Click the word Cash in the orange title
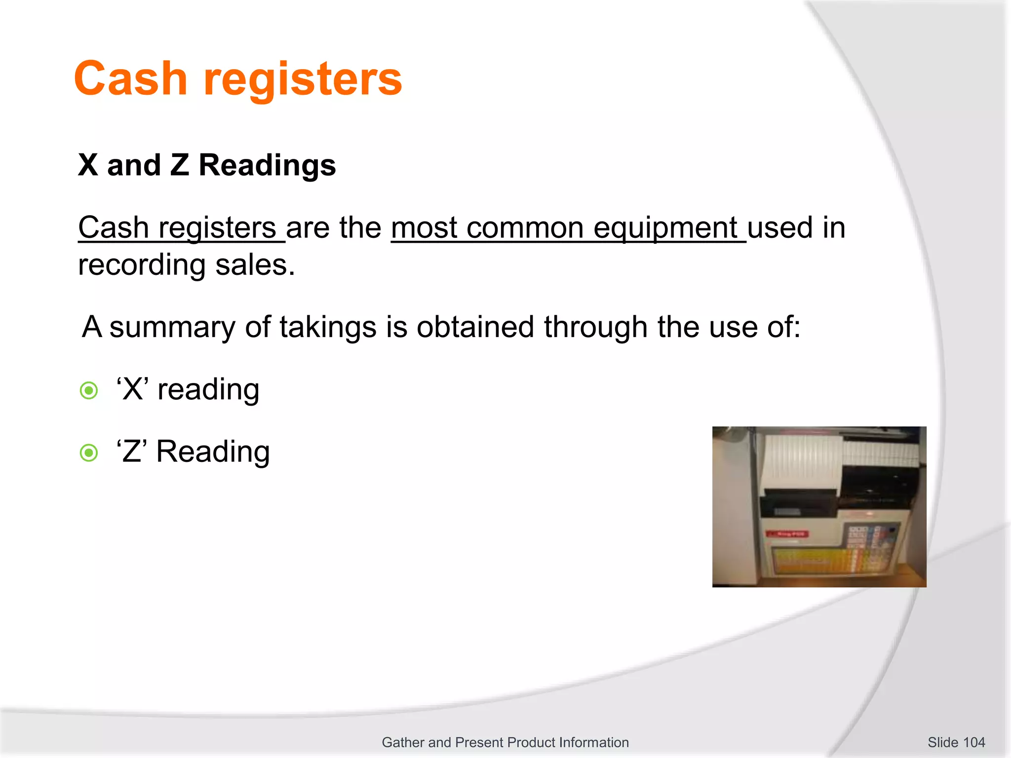pyautogui.click(x=130, y=79)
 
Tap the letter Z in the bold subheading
pyautogui.click(x=180, y=165)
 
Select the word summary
pyautogui.click(x=172, y=328)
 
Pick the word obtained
pyautogui.click(x=475, y=327)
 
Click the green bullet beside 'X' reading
pyautogui.click(x=89, y=391)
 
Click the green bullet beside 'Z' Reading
pyautogui.click(x=89, y=453)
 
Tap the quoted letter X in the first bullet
pyautogui.click(x=133, y=389)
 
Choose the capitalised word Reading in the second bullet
pyautogui.click(x=213, y=453)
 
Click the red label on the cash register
pyautogui.click(x=787, y=534)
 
